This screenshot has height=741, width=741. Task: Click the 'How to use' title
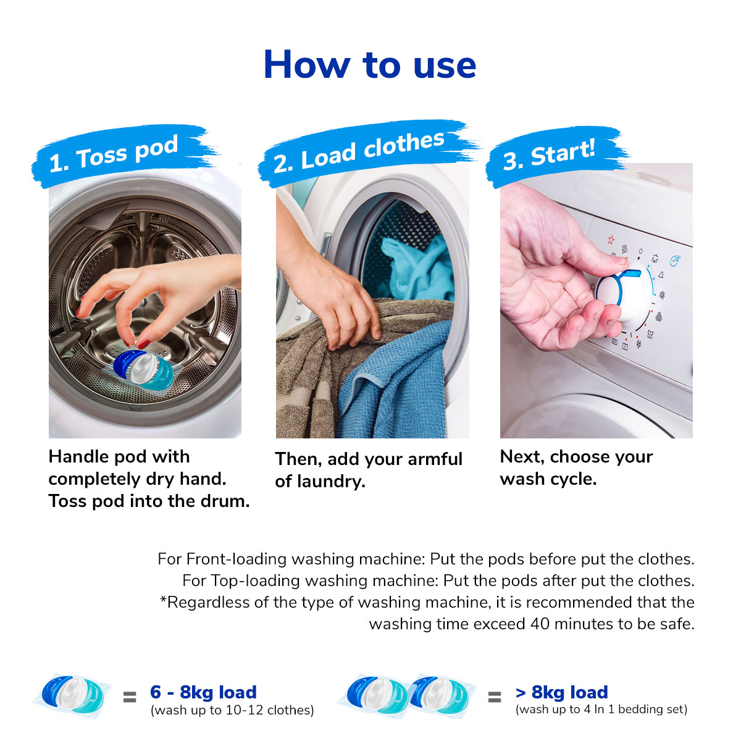[x=369, y=65]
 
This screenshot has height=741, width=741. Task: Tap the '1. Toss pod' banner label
[x=114, y=154]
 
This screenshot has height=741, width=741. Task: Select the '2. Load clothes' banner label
[x=359, y=151]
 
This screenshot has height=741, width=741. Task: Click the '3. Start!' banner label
[x=549, y=154]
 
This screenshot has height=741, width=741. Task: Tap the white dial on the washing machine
[x=624, y=295]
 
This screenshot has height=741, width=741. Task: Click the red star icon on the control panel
[x=611, y=239]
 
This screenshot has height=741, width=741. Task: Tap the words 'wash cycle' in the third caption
[x=548, y=479]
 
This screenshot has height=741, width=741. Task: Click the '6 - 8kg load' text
[x=203, y=692]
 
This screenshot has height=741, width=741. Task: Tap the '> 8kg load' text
[x=561, y=692]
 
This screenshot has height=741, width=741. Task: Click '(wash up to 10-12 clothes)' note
[x=232, y=711]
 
